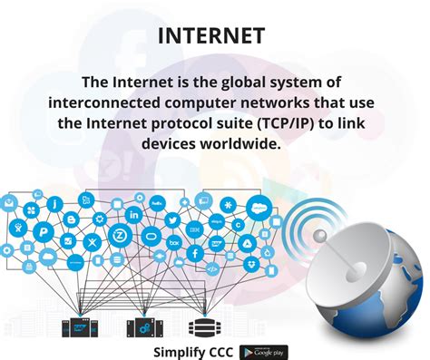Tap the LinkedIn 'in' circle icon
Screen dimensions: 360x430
(134, 215)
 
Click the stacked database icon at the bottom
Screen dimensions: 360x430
(199, 326)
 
